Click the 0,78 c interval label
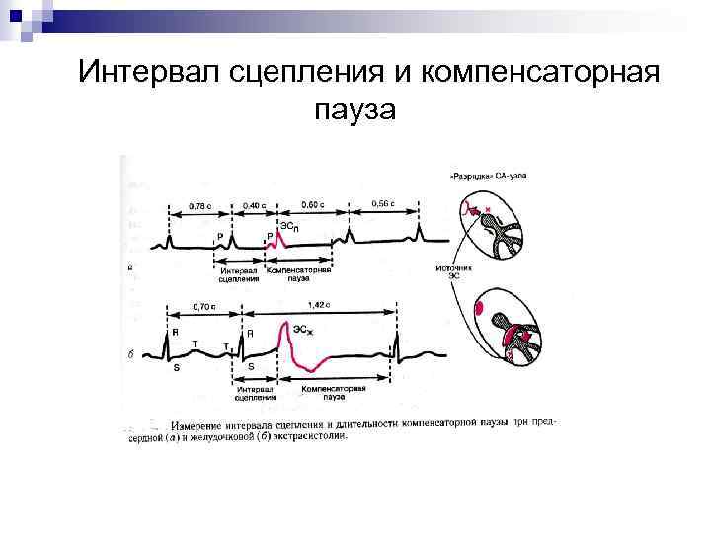199,206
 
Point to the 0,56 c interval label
382,204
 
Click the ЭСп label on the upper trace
288,227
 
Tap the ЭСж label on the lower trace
304,328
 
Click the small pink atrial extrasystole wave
270,241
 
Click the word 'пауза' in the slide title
355,111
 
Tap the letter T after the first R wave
195,343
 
